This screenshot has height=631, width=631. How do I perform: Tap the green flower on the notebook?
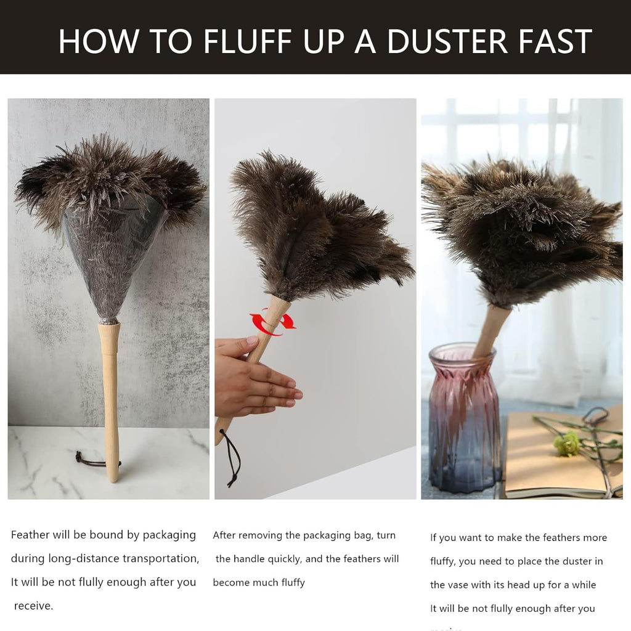click(x=567, y=442)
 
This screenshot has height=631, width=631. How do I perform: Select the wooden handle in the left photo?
click(x=110, y=401)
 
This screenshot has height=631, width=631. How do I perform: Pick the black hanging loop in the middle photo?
click(x=232, y=456)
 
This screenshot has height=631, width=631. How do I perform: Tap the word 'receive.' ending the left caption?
click(x=33, y=606)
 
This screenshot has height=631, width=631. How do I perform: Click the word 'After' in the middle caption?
click(x=224, y=535)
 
